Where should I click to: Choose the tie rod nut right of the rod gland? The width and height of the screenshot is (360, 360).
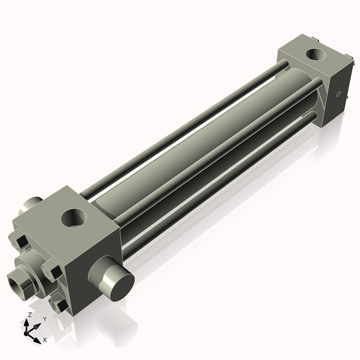[x=51, y=271]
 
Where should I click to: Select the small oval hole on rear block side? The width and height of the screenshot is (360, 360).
[x=337, y=94]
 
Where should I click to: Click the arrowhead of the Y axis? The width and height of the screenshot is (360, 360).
[x=37, y=325]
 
